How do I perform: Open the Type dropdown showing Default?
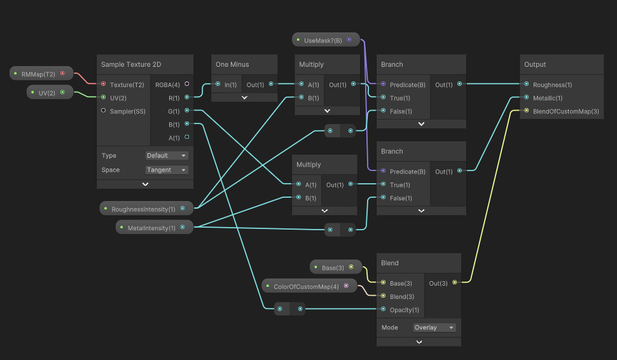tap(167, 155)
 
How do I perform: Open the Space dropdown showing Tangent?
tap(167, 170)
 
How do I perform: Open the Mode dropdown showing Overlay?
tap(434, 328)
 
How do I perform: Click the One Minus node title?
tap(233, 64)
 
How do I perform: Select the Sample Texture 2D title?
tap(131, 64)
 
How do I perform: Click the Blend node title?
tap(390, 263)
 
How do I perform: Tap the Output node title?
tap(535, 64)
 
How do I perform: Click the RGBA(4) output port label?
tap(168, 84)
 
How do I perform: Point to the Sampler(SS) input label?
tap(127, 111)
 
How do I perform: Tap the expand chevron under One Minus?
tap(244, 97)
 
